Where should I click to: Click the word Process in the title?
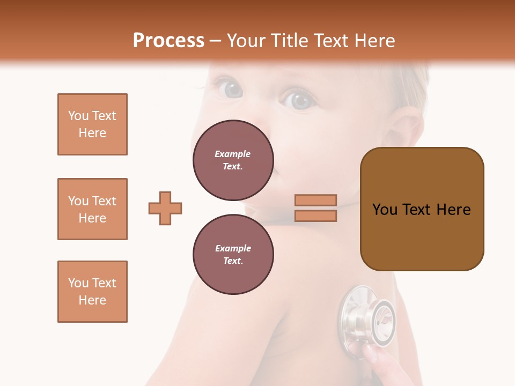click(x=168, y=41)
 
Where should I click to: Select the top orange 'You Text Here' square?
click(x=92, y=124)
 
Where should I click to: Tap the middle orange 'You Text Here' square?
click(x=92, y=209)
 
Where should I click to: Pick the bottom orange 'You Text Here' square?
click(x=92, y=292)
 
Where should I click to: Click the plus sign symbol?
click(x=165, y=208)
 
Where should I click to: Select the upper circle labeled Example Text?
click(x=233, y=160)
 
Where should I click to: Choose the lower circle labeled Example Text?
click(x=233, y=255)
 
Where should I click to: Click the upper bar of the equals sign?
click(x=315, y=201)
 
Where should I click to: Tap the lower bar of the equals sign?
click(x=315, y=216)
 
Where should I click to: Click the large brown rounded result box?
click(x=422, y=209)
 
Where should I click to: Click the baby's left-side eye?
click(x=233, y=88)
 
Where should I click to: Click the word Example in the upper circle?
click(x=233, y=154)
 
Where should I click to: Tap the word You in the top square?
click(x=78, y=116)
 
